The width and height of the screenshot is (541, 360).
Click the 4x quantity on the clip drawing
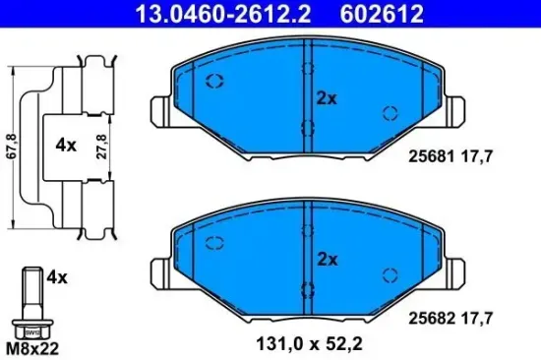[66, 145]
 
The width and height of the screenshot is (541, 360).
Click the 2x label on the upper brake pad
[328, 98]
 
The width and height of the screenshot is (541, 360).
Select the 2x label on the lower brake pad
[328, 260]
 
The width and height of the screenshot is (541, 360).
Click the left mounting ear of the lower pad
[159, 269]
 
